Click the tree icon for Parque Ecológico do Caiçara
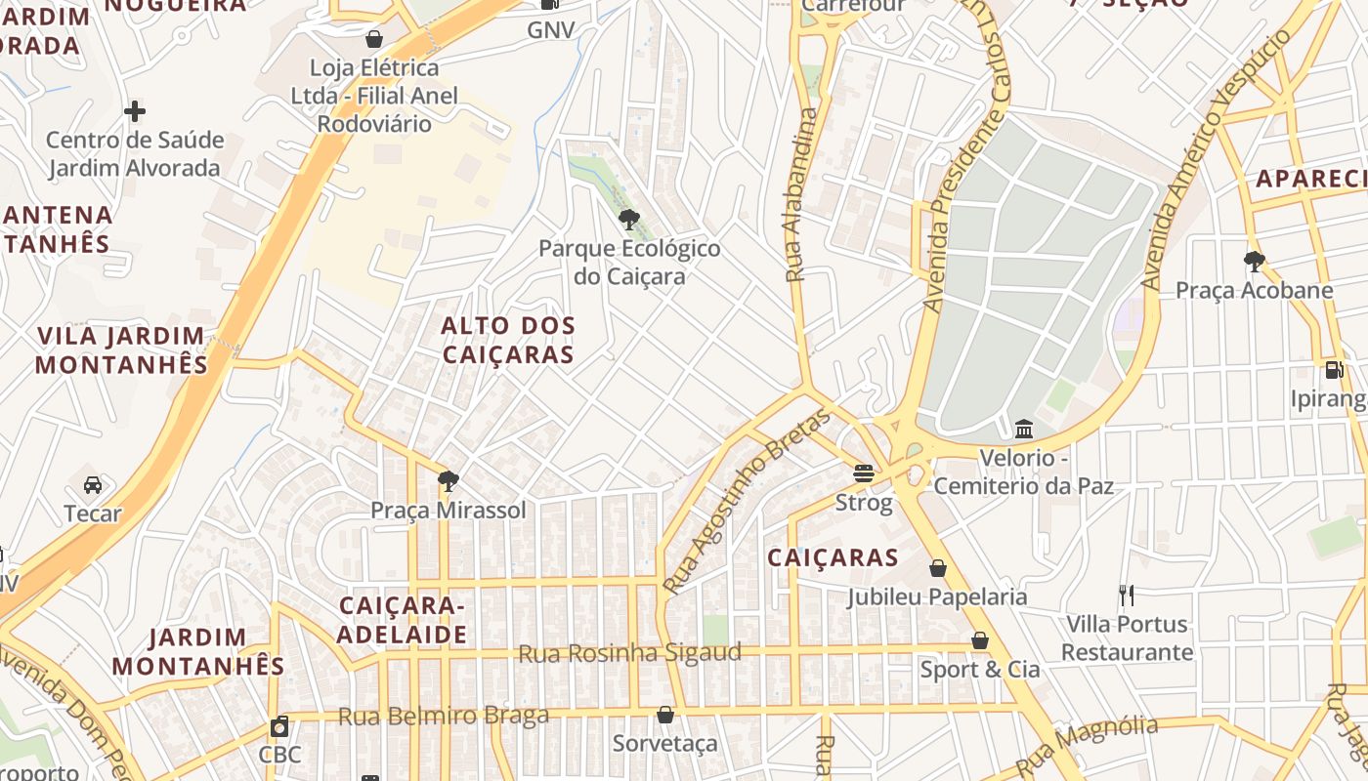[629, 219]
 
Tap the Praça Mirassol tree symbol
[449, 480]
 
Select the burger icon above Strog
[864, 473]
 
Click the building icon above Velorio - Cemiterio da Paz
[1024, 429]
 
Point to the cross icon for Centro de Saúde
[135, 111]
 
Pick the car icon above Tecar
[93, 484]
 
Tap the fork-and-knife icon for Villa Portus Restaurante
[1127, 595]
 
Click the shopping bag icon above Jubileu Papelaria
[938, 567]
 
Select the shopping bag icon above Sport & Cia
[980, 640]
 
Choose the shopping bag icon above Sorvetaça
[665, 715]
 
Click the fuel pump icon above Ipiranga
[1334, 370]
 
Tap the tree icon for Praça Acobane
[1255, 261]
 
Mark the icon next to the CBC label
[279, 726]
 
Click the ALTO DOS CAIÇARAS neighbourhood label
[508, 340]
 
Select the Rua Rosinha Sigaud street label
[629, 652]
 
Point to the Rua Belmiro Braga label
[443, 716]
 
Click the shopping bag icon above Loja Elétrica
[374, 39]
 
